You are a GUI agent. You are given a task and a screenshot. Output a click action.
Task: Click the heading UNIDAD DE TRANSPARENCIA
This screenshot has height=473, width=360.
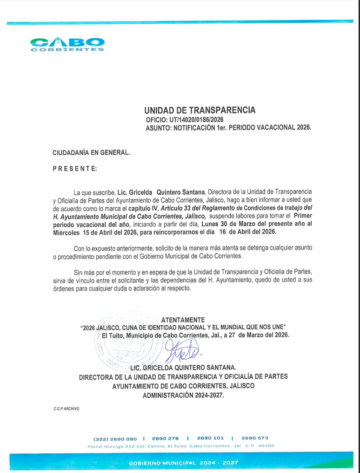point(200,110)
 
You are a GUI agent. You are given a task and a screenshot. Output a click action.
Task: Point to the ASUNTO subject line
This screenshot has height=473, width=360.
point(228,127)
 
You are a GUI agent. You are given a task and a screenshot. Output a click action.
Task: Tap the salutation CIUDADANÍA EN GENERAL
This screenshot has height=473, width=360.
point(91,151)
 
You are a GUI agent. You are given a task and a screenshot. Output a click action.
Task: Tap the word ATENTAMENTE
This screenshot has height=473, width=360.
point(182,320)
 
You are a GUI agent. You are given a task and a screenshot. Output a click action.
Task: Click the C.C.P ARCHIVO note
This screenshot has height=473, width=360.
point(67,409)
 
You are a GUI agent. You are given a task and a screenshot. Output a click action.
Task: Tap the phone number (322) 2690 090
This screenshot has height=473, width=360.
point(115,438)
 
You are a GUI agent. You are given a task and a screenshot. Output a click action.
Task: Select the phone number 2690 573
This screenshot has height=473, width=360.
point(255,438)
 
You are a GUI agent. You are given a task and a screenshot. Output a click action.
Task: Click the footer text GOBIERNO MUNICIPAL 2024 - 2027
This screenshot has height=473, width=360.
point(183,463)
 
